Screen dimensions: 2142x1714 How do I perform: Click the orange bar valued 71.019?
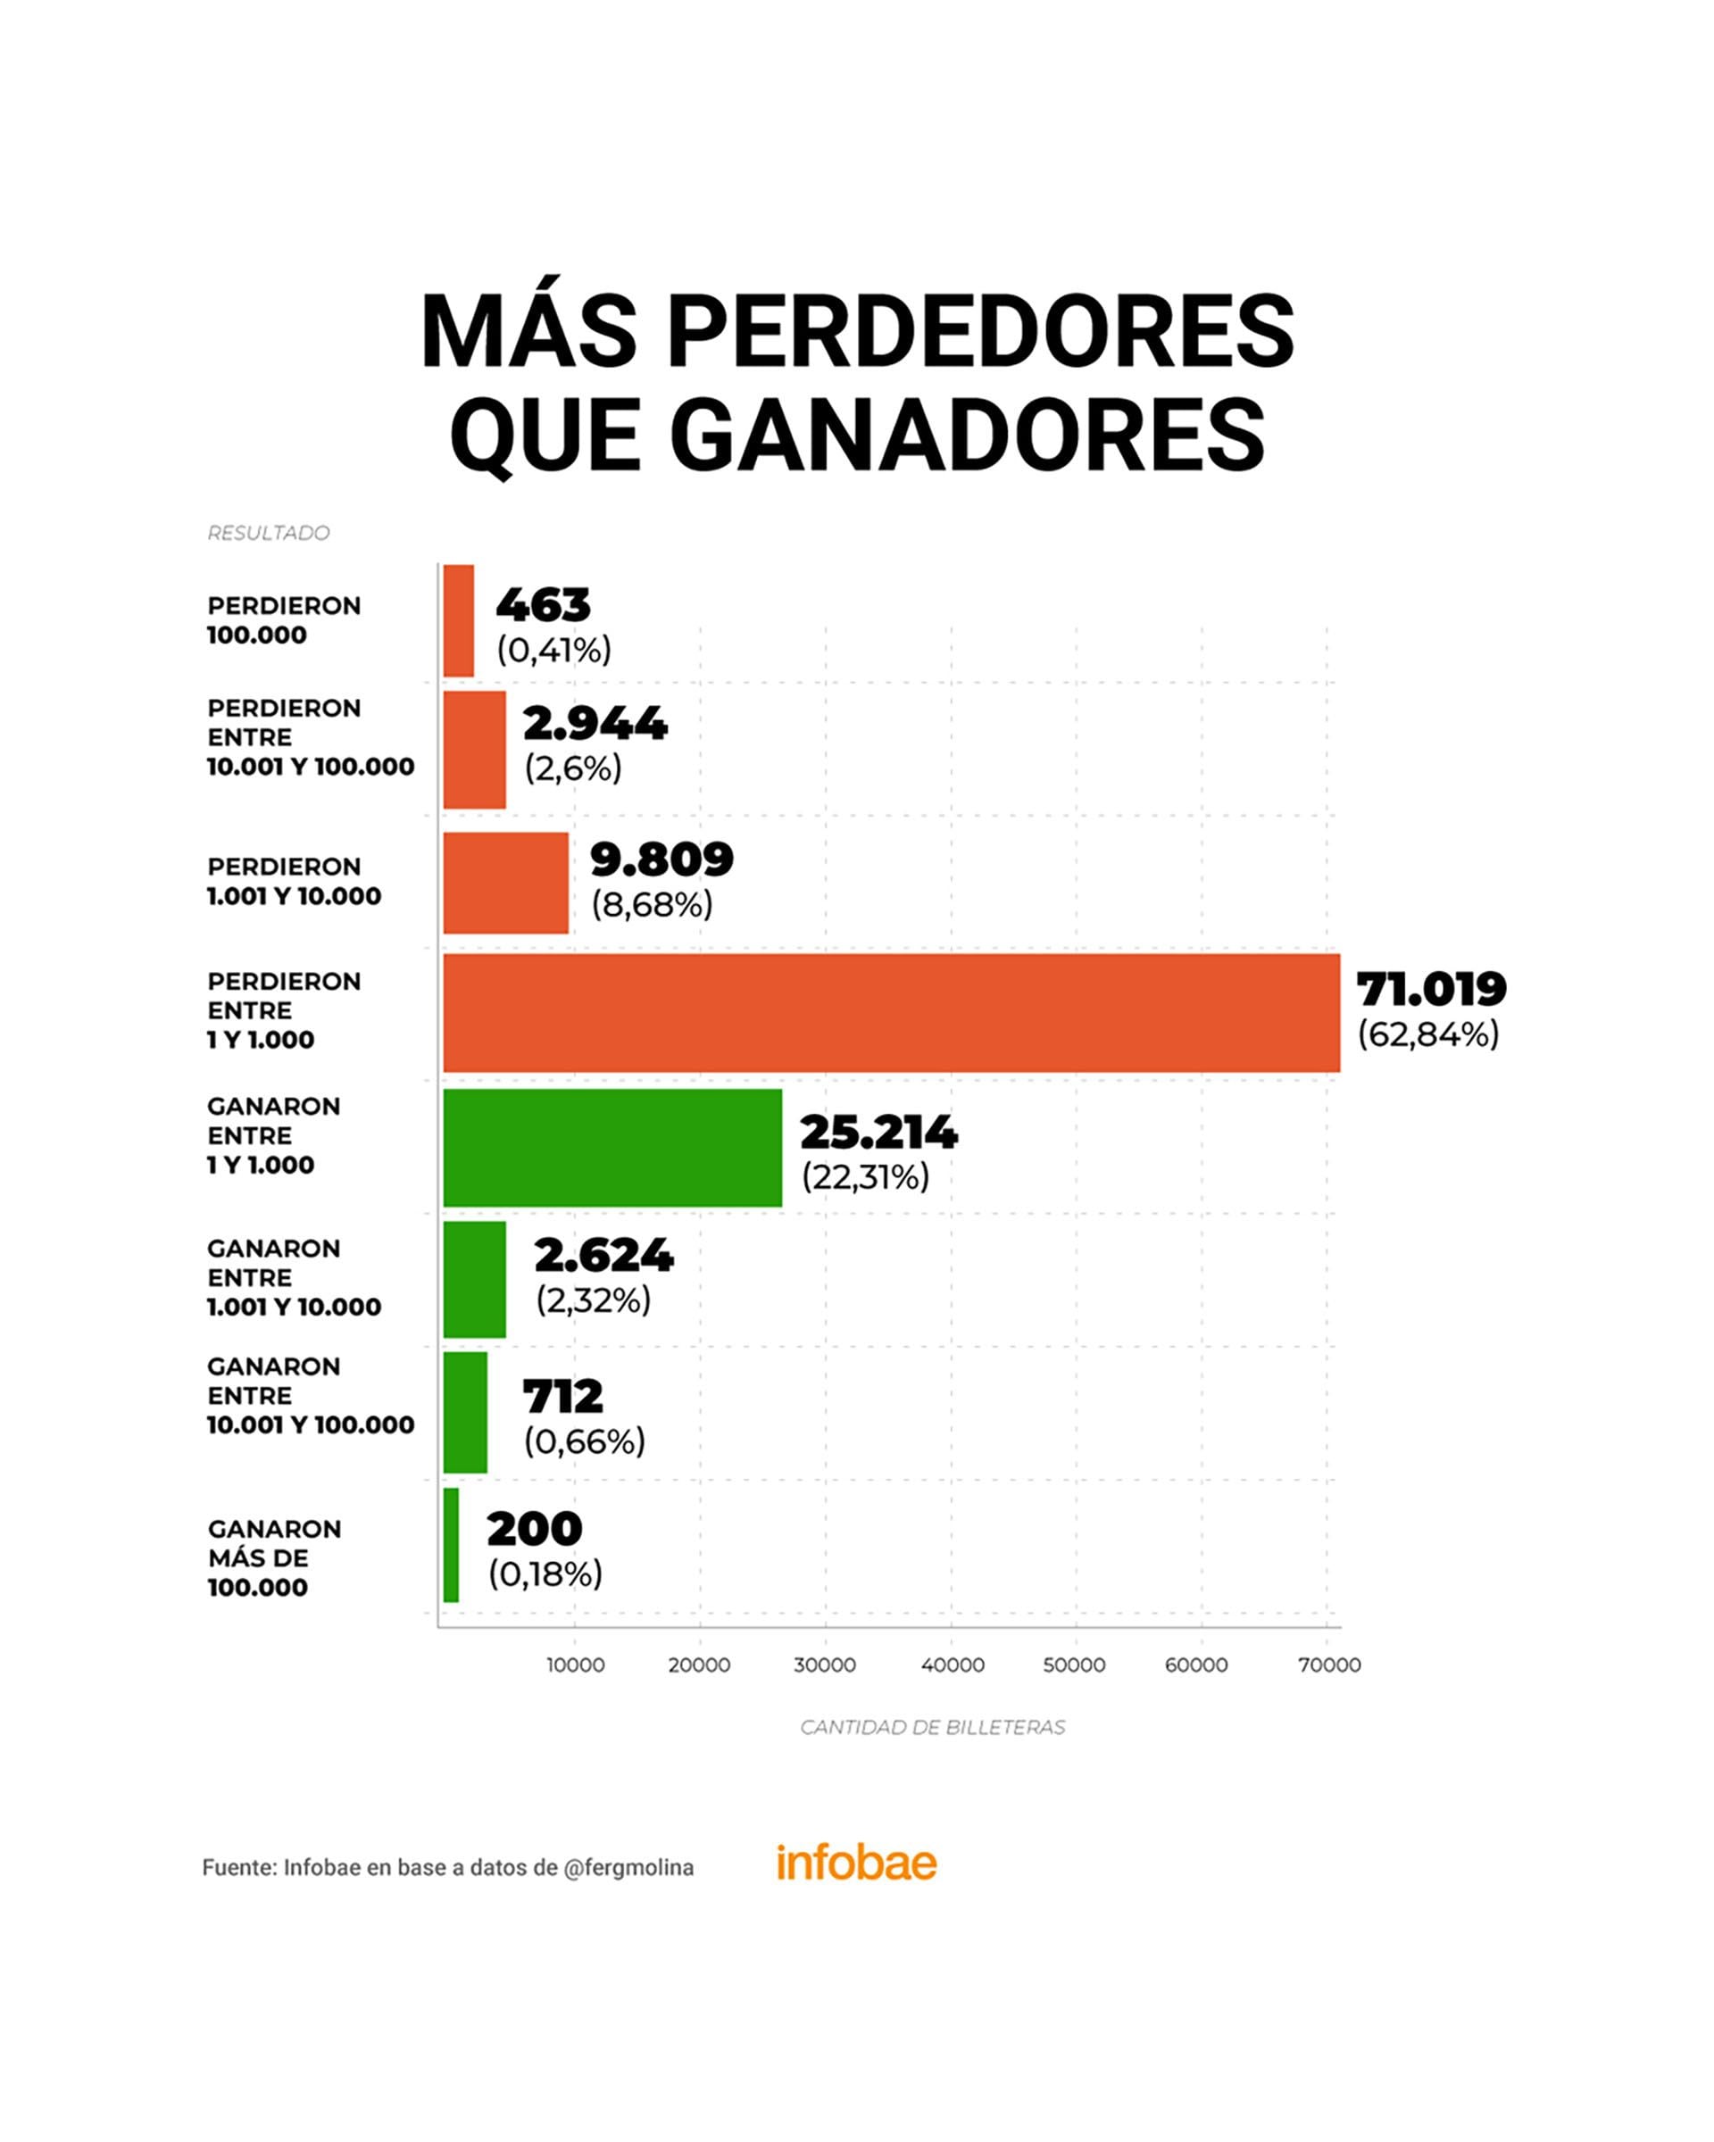(x=890, y=1012)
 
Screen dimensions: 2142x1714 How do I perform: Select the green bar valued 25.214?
(x=612, y=1148)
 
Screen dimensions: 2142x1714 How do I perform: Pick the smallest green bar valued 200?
(x=451, y=1544)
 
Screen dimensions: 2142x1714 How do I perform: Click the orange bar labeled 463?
(x=458, y=621)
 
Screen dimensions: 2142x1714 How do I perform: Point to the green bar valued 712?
(x=465, y=1412)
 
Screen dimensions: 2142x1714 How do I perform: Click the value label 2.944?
(x=595, y=725)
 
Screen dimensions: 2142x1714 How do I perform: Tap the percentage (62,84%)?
(x=1427, y=1035)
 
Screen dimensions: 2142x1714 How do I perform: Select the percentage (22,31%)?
(x=864, y=1177)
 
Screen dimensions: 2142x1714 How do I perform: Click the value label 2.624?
(x=603, y=1256)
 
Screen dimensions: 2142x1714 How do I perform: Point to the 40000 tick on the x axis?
(x=952, y=1665)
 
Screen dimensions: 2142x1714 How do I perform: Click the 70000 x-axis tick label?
(x=1329, y=1665)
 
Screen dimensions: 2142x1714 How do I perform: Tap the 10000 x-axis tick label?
(x=575, y=1665)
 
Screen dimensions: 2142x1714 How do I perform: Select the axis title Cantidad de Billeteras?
(x=932, y=1728)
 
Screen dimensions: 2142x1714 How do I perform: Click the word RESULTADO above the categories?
(x=269, y=534)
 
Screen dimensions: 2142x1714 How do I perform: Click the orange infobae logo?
(x=855, y=1863)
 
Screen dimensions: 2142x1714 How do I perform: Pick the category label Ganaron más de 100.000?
(x=274, y=1557)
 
